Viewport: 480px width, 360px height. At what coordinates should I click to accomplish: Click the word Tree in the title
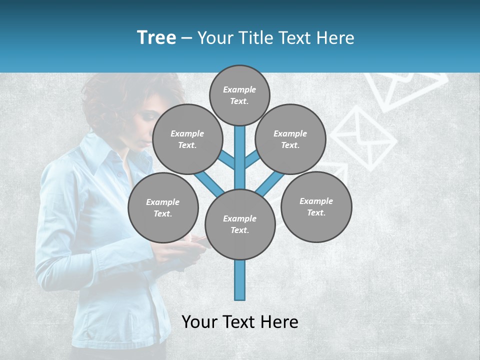click(156, 38)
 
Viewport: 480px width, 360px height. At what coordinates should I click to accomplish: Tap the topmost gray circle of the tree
click(239, 95)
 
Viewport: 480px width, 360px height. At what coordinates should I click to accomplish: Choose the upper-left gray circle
click(187, 139)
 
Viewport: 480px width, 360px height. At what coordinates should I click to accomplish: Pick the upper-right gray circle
click(290, 139)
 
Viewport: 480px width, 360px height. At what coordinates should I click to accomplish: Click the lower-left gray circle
click(163, 207)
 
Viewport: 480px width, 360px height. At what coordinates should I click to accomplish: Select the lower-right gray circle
click(316, 206)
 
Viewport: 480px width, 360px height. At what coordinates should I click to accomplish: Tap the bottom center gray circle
click(239, 224)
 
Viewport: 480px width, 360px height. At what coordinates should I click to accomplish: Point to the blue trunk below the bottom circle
click(239, 280)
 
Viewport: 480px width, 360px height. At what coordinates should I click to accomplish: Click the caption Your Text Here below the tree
click(239, 322)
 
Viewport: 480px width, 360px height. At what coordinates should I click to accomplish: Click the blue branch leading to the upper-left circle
click(227, 160)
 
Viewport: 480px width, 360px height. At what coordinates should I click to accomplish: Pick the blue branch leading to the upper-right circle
click(251, 159)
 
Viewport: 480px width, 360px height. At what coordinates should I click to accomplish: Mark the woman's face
click(145, 122)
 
